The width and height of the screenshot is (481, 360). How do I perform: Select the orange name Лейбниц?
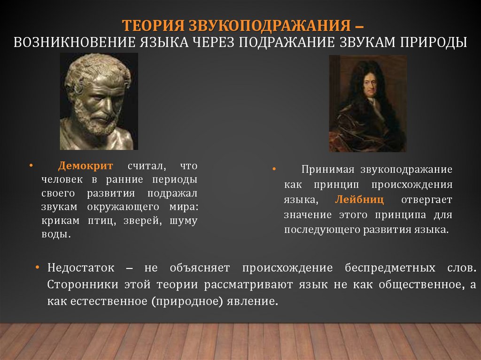tap(359, 199)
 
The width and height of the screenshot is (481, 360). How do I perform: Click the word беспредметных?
tap(385, 268)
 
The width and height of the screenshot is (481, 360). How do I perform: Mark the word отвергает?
tap(427, 199)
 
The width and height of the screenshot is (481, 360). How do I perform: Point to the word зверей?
tap(143, 221)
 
